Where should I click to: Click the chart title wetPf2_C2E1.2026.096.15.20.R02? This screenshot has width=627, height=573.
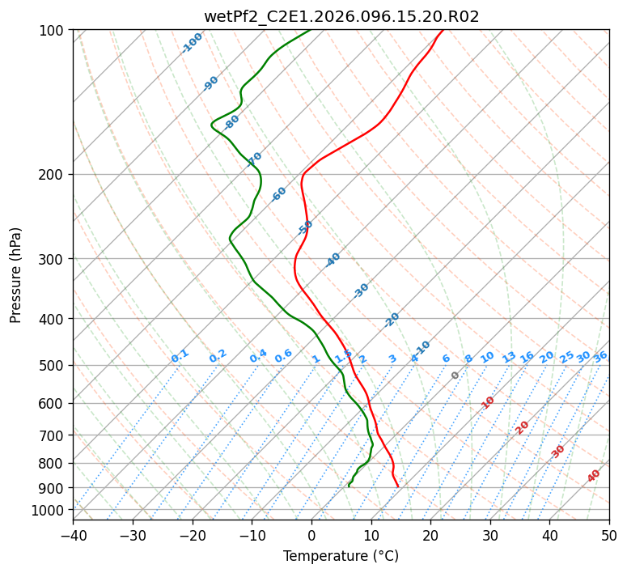pyautogui.click(x=341, y=16)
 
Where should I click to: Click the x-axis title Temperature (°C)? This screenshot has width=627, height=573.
pyautogui.click(x=341, y=556)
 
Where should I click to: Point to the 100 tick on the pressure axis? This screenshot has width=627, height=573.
pyautogui.click(x=53, y=31)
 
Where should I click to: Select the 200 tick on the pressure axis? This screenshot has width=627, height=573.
pyautogui.click(x=53, y=175)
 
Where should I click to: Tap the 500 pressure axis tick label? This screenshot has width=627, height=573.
pyautogui.click(x=53, y=366)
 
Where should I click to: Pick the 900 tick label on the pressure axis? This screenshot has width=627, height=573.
pyautogui.click(x=53, y=487)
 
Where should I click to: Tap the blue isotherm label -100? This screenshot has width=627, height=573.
pyautogui.click(x=192, y=43)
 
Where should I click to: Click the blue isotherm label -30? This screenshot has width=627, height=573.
pyautogui.click(x=361, y=291)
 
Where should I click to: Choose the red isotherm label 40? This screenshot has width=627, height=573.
pyautogui.click(x=594, y=476)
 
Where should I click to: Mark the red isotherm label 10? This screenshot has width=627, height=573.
pyautogui.click(x=488, y=402)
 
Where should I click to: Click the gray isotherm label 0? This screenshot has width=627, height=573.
pyautogui.click(x=455, y=376)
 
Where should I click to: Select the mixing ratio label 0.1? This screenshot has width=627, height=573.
pyautogui.click(x=180, y=356)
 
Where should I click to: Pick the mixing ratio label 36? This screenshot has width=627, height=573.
pyautogui.click(x=600, y=356)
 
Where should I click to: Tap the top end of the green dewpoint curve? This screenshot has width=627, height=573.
pyautogui.click(x=310, y=31)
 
